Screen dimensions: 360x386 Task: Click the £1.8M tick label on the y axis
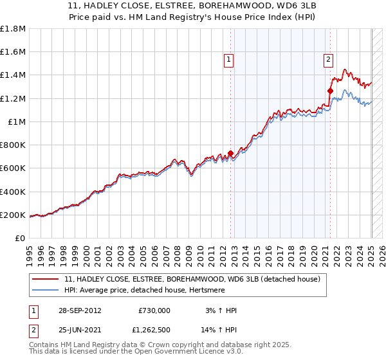(x=13, y=29)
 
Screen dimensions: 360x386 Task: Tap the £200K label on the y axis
(x=13, y=215)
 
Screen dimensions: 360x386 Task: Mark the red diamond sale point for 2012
(x=230, y=154)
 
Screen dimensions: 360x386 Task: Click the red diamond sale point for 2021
(x=330, y=91)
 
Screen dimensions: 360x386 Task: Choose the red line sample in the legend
(x=46, y=278)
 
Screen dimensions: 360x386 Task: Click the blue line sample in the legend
(x=46, y=290)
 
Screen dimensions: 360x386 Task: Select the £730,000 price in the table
(x=154, y=310)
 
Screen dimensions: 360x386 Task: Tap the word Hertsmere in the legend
(x=239, y=290)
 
